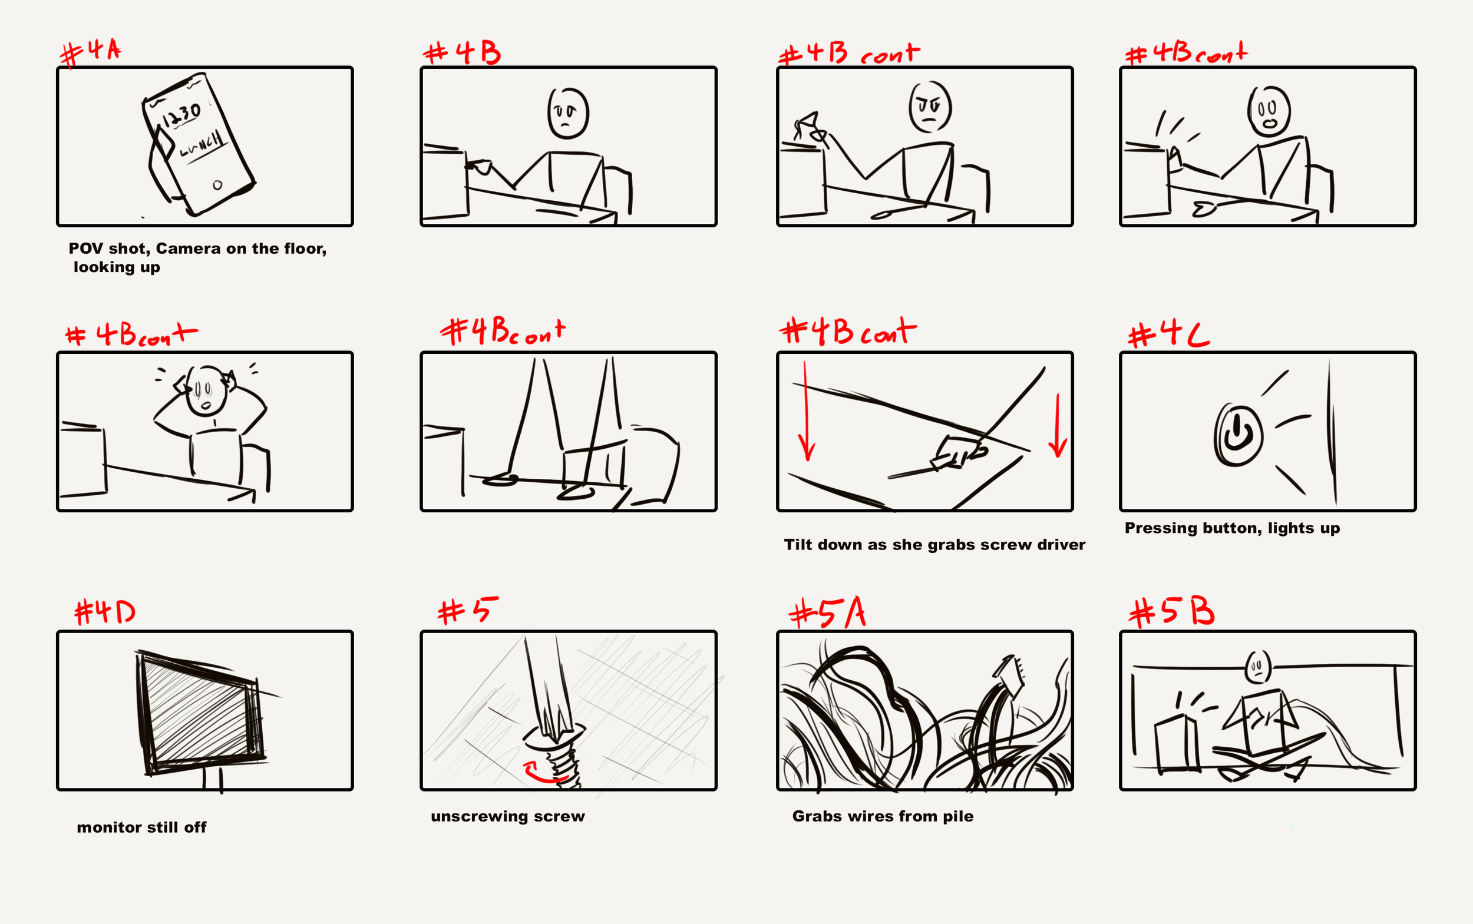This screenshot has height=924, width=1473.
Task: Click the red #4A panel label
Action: (91, 52)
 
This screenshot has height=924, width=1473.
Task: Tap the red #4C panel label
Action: (1168, 335)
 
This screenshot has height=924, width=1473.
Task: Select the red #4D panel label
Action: (104, 611)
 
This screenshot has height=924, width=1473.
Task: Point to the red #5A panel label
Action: (827, 612)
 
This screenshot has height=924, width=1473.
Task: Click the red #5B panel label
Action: (1171, 611)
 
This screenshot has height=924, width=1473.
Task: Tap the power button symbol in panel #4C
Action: (1238, 435)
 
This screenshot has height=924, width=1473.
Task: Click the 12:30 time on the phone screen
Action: (181, 114)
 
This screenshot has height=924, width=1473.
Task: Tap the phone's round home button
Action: (217, 184)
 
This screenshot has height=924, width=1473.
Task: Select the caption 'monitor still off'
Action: (142, 827)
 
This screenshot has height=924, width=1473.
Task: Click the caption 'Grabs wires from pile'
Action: (883, 816)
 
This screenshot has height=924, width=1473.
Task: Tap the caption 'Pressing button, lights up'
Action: (1232, 528)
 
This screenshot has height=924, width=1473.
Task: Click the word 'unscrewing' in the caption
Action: (479, 816)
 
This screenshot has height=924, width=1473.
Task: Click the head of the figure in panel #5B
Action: (1258, 665)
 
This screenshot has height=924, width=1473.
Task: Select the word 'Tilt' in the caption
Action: (798, 544)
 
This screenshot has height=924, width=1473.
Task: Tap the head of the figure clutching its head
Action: (206, 391)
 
